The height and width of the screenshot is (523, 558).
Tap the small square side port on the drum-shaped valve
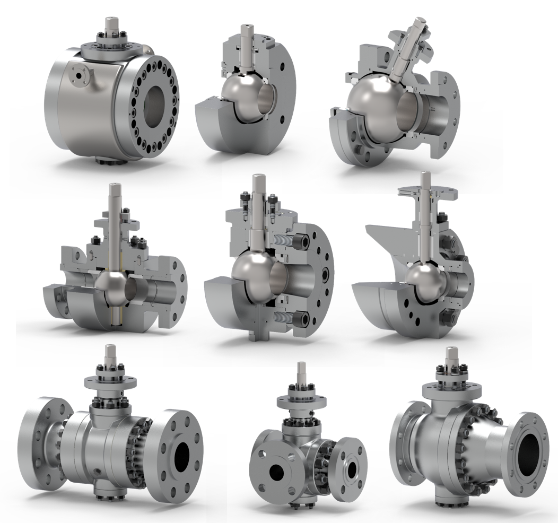point(80,76)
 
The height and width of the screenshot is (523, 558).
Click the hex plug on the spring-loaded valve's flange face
point(325,273)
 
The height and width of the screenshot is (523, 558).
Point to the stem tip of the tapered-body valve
point(451,353)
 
